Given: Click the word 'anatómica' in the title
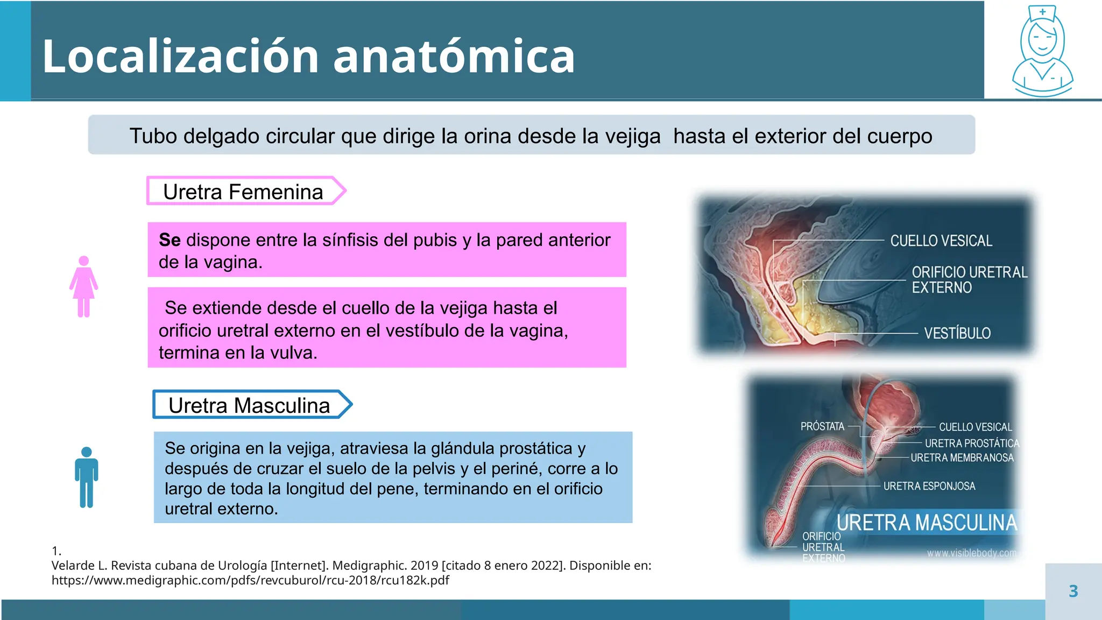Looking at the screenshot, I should coord(454,57).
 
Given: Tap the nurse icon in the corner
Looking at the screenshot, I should coord(1042,51).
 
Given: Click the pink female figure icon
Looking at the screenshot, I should coord(83,286).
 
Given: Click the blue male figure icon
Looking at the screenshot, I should coord(86,477).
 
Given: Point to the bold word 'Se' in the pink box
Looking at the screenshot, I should coord(169,240).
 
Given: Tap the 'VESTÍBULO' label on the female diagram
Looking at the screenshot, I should coord(957,333).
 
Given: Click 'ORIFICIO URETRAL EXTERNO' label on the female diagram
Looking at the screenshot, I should coord(969,280).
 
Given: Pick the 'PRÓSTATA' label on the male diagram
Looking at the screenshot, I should coord(822,426).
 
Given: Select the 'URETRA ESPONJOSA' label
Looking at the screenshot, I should coord(929,486).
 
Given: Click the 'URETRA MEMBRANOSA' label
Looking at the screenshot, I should coord(962,457).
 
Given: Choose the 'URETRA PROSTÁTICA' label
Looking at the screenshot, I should coord(972,443).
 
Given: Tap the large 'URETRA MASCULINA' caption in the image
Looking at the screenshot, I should coord(927,523).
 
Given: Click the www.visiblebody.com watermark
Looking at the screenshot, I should coord(971,553).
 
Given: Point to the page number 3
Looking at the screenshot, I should coord(1073,591).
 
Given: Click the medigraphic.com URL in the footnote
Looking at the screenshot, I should coord(250,580).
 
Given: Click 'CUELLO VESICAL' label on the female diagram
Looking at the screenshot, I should coord(941,241).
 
